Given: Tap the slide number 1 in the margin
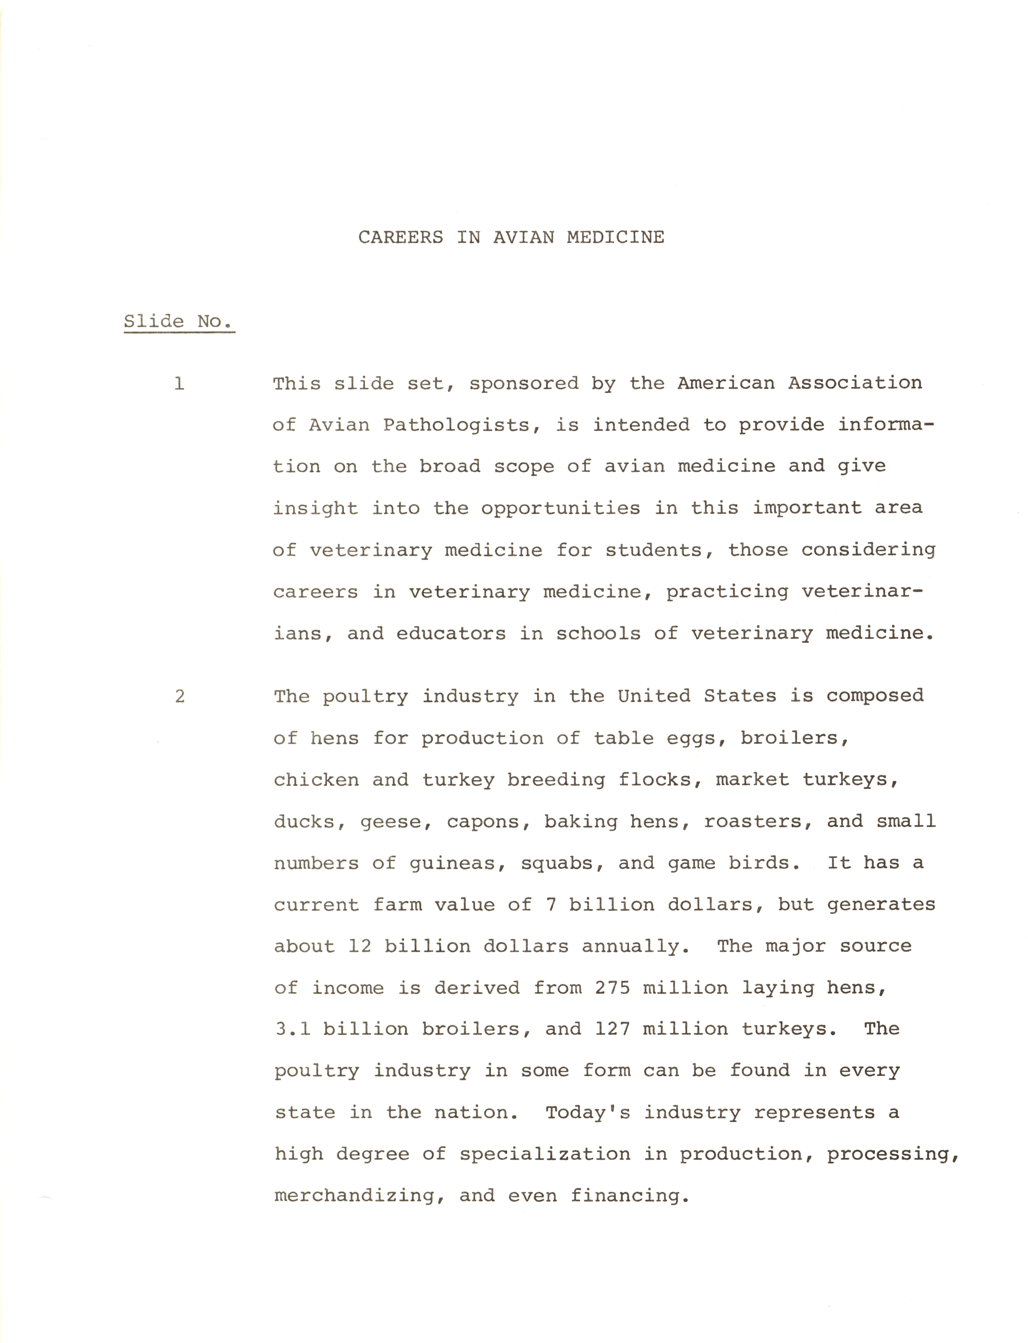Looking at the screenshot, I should coord(179,384).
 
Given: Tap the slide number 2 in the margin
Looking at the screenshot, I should coord(179,696).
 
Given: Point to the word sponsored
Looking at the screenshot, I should coord(523,384).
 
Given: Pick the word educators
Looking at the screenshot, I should coord(451,634).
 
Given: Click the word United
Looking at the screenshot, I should coord(653,696).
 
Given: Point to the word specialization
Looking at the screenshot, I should coord(545,1154).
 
